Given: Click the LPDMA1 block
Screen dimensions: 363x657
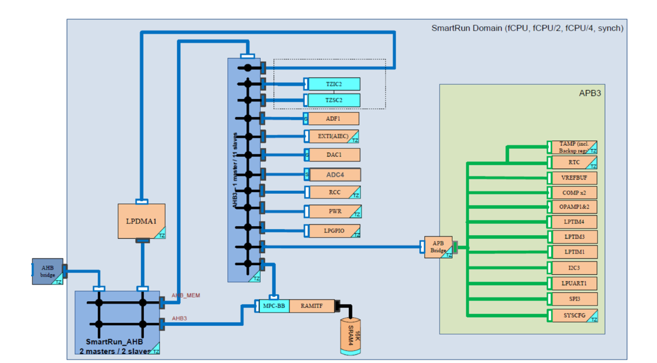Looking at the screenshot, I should click(x=141, y=221).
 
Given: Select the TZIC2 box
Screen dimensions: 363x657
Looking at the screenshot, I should click(x=334, y=84).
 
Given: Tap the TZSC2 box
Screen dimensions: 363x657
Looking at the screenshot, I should click(x=334, y=100).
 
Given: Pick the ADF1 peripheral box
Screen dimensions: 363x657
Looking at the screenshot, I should click(x=333, y=119).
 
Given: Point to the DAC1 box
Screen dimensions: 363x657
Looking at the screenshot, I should click(x=334, y=155).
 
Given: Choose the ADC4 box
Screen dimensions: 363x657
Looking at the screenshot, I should click(x=334, y=175).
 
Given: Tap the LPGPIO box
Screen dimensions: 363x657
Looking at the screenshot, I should click(x=334, y=230).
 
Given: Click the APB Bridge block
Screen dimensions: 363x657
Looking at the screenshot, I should click(x=438, y=247).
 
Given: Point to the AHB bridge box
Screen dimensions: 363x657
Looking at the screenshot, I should click(x=47, y=271).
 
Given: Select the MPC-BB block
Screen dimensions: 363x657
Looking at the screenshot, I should click(x=273, y=306).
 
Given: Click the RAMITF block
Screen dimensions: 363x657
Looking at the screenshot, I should click(x=312, y=306).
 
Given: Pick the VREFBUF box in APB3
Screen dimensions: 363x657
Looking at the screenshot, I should click(x=574, y=178).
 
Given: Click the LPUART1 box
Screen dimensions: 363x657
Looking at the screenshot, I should click(x=574, y=283).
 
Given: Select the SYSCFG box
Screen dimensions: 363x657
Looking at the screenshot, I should click(x=574, y=315).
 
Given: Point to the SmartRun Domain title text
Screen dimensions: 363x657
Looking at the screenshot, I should click(x=527, y=28).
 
